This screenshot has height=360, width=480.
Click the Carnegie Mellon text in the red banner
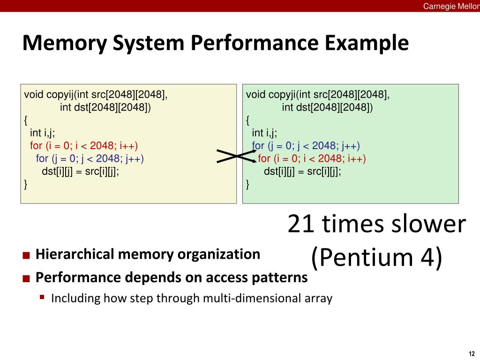451,6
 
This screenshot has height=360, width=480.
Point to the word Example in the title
367,43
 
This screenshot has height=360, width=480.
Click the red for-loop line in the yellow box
84,146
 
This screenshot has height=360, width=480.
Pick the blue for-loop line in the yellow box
90,158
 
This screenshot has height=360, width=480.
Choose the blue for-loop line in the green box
306,146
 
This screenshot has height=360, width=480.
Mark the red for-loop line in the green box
312,158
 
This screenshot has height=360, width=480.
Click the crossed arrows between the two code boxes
236,156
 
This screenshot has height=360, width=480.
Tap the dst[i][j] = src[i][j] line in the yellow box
80,172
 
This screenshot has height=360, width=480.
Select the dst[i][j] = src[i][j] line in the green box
302,172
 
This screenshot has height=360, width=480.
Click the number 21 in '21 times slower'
301,224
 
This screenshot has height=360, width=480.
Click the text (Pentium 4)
377,257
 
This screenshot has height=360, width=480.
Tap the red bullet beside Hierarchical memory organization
26,255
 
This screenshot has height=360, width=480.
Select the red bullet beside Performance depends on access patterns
26,278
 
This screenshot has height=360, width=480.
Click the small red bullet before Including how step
42,297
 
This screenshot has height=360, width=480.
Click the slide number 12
472,353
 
